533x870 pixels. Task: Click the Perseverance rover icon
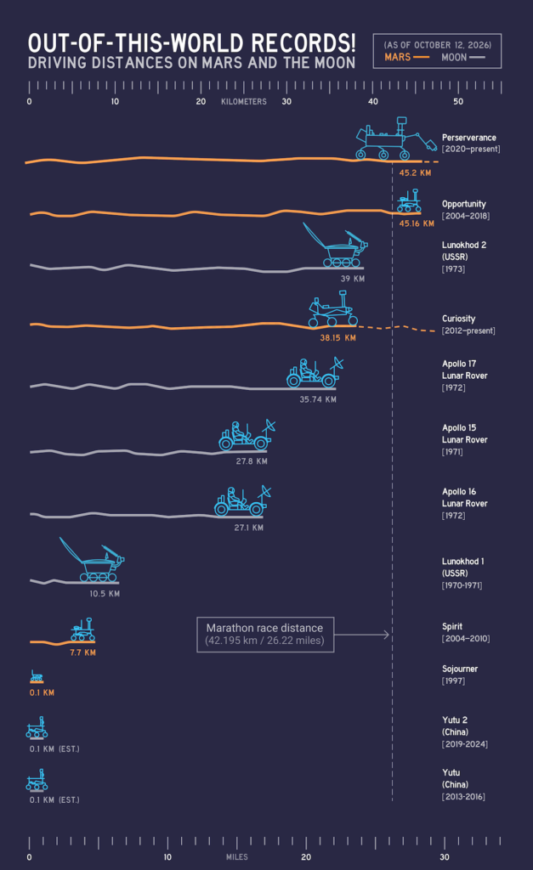click(x=395, y=138)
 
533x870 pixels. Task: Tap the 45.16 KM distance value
click(x=417, y=223)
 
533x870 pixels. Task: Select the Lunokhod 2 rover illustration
click(x=335, y=245)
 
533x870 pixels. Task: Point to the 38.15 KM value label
click(x=337, y=338)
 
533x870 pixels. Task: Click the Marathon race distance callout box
click(x=265, y=635)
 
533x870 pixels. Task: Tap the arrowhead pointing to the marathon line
click(x=387, y=635)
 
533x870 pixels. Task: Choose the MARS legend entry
click(x=406, y=57)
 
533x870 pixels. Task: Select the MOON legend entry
click(x=463, y=57)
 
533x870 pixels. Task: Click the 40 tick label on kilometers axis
click(x=372, y=102)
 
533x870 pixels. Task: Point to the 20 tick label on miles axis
click(x=306, y=857)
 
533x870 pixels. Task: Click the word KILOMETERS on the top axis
click(x=244, y=102)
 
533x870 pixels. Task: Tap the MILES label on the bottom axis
click(x=237, y=857)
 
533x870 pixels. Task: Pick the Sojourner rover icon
click(x=37, y=675)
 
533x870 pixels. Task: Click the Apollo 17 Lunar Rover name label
click(x=465, y=370)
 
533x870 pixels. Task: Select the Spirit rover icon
click(x=82, y=630)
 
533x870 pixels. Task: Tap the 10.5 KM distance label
click(x=105, y=594)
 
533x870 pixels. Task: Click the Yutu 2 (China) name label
click(x=456, y=726)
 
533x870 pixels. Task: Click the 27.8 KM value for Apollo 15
click(x=252, y=461)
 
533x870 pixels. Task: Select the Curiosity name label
click(x=458, y=319)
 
